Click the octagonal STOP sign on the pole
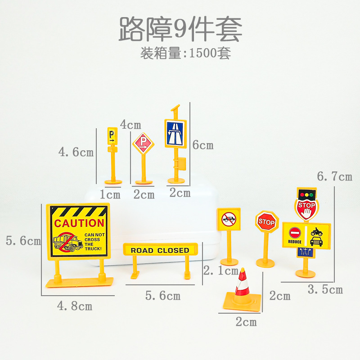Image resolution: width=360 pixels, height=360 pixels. [267, 222]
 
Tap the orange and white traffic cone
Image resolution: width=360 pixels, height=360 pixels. [242, 288]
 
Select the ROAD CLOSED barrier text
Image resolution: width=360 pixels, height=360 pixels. [160, 250]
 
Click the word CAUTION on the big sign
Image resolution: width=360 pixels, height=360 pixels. [79, 223]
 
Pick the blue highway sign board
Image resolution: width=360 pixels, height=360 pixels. [175, 133]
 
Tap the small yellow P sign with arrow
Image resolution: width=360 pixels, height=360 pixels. [112, 135]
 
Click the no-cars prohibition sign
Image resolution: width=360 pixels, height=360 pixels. [229, 220]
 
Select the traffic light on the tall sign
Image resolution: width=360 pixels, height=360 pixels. [306, 195]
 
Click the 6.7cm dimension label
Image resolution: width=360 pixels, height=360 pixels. [334, 176]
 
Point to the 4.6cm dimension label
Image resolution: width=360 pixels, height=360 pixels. [76, 152]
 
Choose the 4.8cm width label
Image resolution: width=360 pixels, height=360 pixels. [74, 306]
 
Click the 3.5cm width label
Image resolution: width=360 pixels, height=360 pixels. [325, 289]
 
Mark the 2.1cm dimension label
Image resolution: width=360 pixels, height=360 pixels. [221, 271]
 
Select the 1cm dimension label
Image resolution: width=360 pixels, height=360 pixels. [110, 195]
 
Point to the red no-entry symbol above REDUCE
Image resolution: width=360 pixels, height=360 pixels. [294, 233]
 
